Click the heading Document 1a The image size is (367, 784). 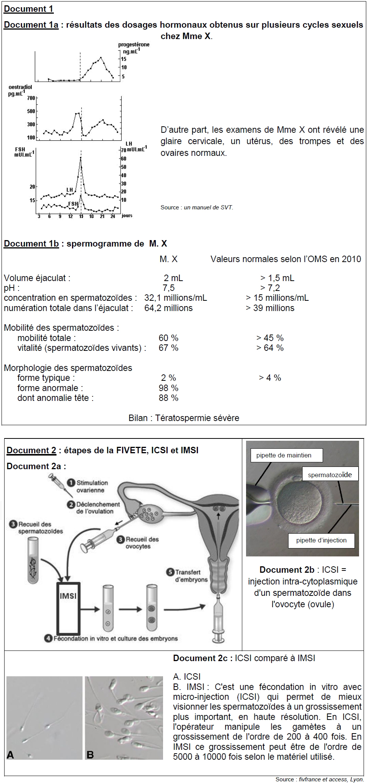click(31, 25)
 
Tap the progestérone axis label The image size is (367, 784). click(133, 45)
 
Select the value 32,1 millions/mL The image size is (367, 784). click(176, 298)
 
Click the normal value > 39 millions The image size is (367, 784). click(270, 308)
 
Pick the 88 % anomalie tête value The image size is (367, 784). click(168, 398)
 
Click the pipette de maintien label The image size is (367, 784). click(284, 455)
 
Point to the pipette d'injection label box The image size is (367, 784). click(321, 540)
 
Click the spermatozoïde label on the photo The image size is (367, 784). click(329, 474)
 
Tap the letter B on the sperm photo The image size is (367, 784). click(90, 754)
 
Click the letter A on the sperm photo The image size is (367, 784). click(11, 754)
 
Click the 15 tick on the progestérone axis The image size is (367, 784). click(124, 59)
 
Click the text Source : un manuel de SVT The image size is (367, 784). click(197, 207)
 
